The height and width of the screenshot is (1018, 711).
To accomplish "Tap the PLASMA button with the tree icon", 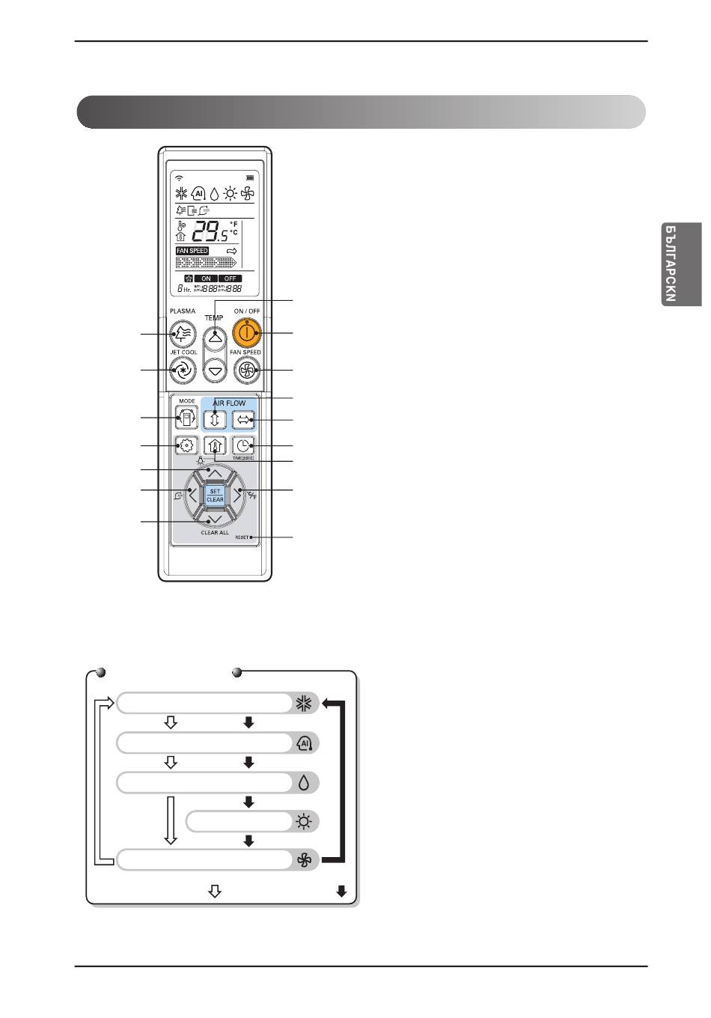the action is pos(183,333).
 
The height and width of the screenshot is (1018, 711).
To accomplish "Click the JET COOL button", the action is pos(183,369).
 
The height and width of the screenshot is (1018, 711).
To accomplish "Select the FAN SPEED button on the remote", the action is pos(245,369).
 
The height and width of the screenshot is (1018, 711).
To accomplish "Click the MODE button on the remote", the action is pos(186,417).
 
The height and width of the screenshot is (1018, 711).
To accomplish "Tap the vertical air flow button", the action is pos(215,418).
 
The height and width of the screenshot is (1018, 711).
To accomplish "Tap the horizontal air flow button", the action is pos(243,418).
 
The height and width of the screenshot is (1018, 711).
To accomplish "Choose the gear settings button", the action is pos(186,446).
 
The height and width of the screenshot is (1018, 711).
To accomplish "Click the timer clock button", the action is pos(243,446).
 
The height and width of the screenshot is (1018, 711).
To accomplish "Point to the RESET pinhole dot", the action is pos(251,537).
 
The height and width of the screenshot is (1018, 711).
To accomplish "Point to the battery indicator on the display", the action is pos(250,178).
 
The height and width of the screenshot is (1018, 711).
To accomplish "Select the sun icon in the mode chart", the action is pos(303,822).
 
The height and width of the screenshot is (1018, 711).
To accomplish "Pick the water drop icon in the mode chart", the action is pos(304,783).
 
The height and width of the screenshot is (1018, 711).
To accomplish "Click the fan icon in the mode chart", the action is pos(304,861).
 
